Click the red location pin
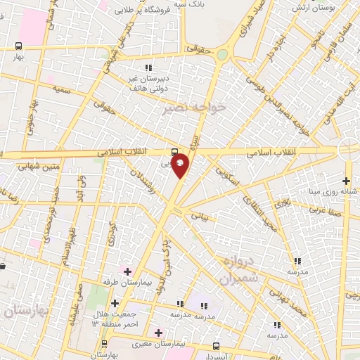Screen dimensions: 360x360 (x=181, y=165)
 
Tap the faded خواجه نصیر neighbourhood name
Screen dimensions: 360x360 (x=193, y=108)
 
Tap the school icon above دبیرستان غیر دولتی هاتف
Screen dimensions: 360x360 (x=148, y=67)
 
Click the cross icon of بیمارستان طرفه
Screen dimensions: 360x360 (x=127, y=271)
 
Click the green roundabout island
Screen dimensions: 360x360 (x=222, y=55)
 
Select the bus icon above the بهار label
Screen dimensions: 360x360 (x=18, y=46)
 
